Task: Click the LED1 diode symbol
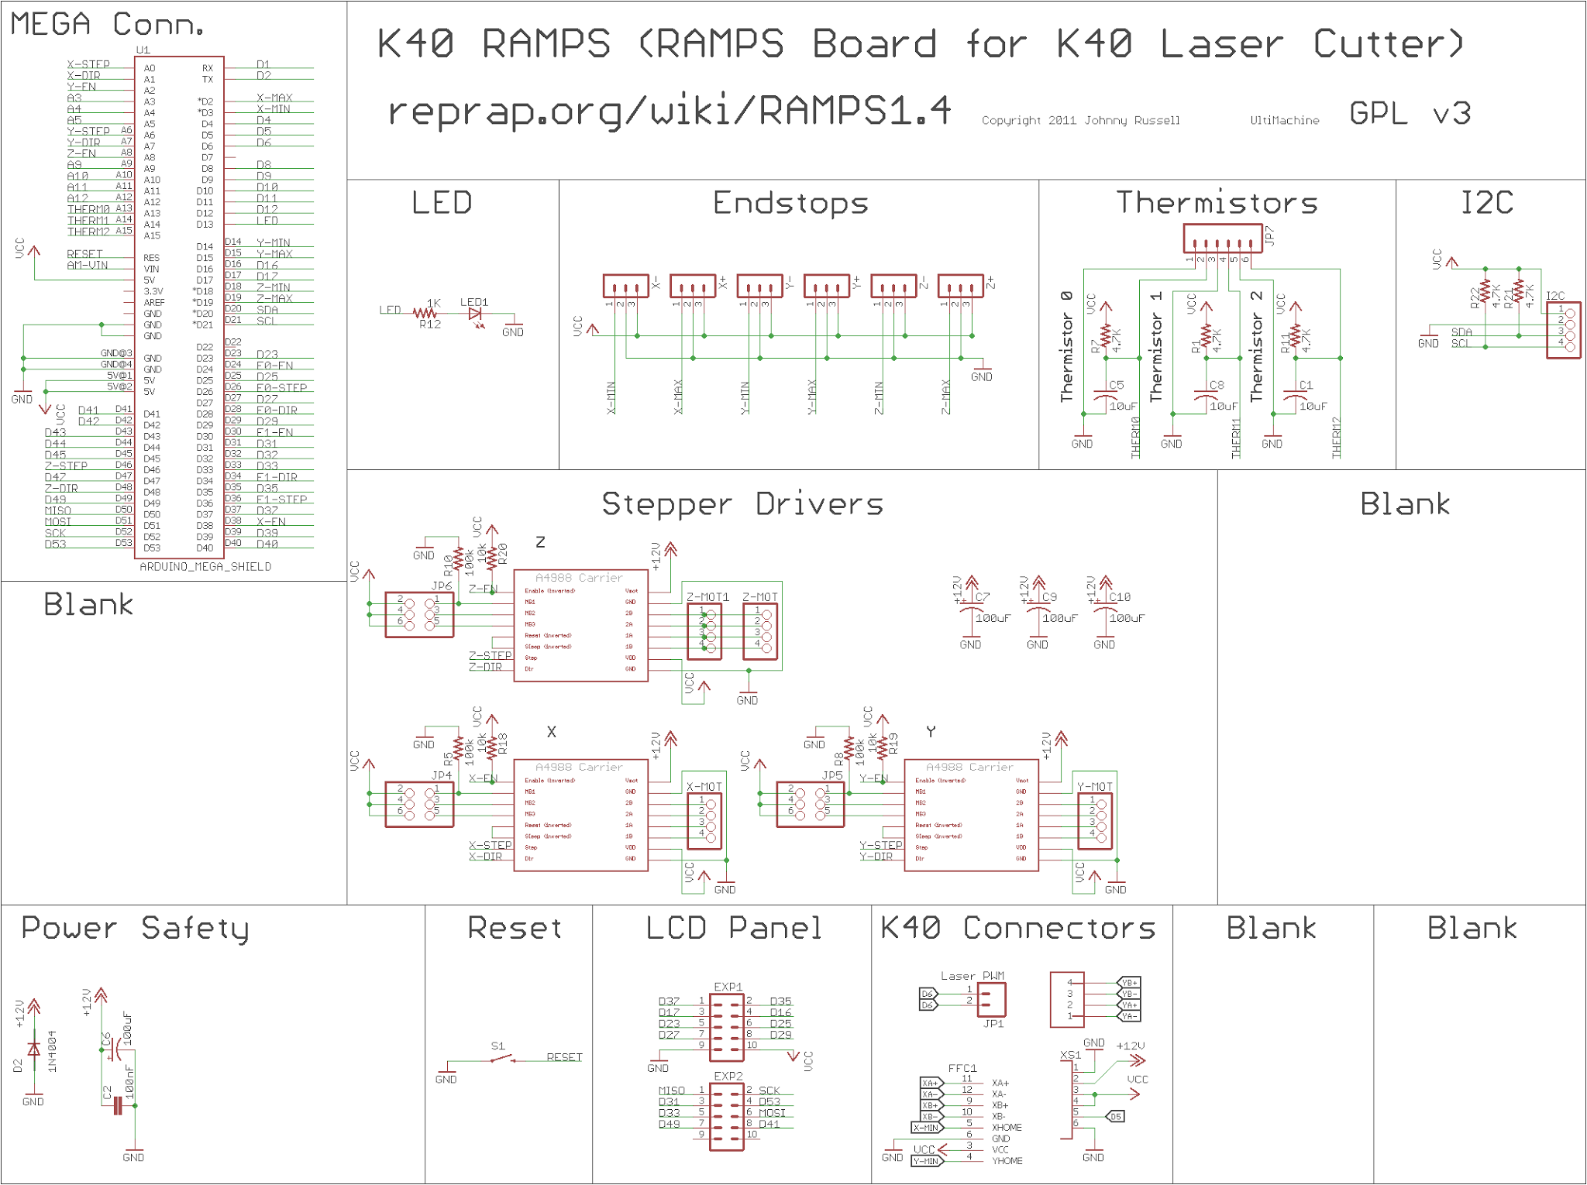pos(476,314)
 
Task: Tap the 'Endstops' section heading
pos(790,203)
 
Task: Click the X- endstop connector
pos(625,286)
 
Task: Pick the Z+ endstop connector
pos(960,286)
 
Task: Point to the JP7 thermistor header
pos(1222,238)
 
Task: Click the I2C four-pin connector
pos(1563,330)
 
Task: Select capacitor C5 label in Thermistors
pos(1116,385)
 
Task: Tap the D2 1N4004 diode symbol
pos(33,1049)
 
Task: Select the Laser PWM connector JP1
pos(991,999)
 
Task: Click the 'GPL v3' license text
pos(1410,114)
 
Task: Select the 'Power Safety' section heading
pos(135,928)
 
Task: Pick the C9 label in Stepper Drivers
pos(1049,597)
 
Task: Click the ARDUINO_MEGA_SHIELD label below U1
pos(205,567)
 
